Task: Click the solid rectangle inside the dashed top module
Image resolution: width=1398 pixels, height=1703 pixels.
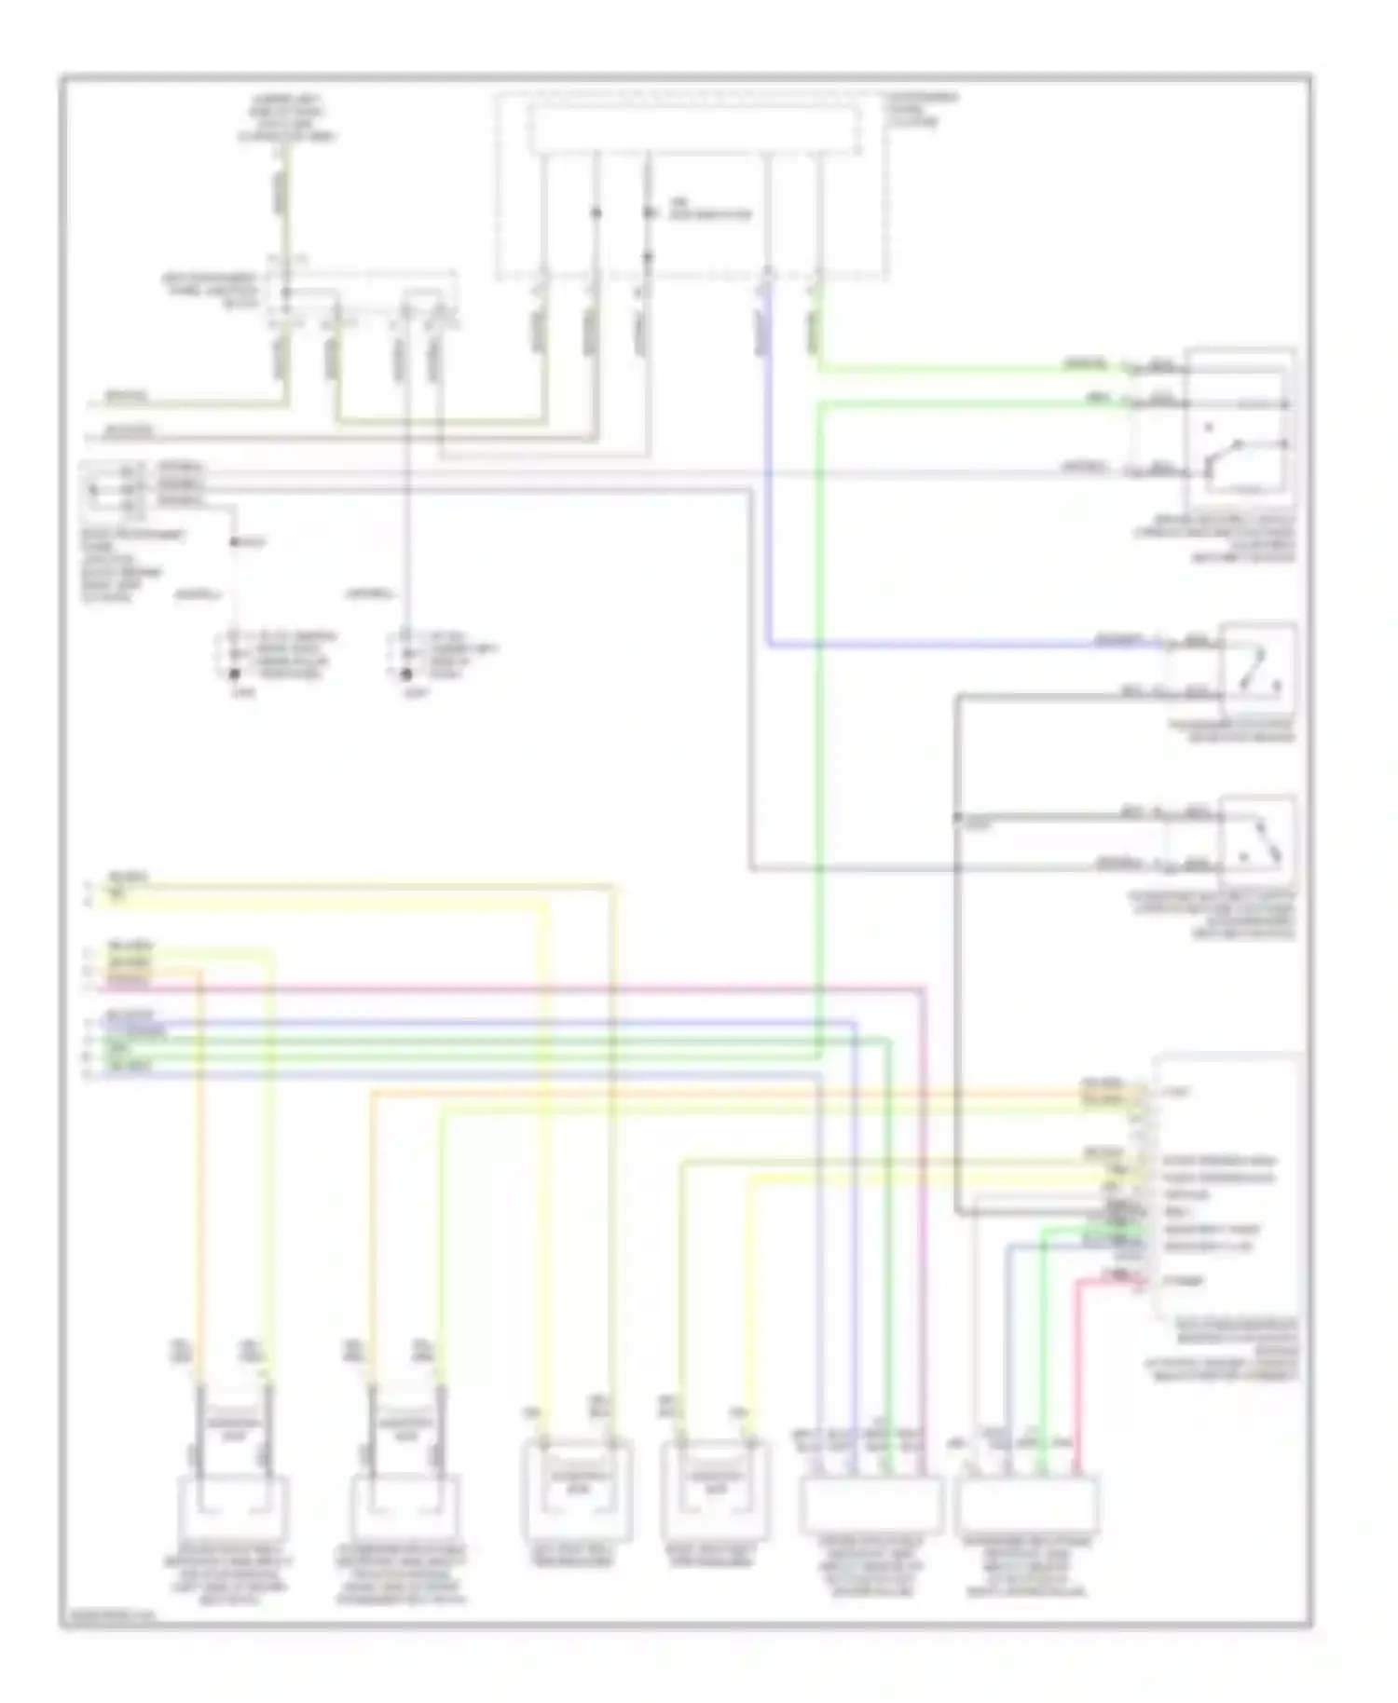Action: pyautogui.click(x=694, y=129)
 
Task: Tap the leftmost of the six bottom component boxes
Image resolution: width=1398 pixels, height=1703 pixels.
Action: pyautogui.click(x=233, y=1506)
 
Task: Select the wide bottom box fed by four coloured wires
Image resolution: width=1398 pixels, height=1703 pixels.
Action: pyautogui.click(x=870, y=1505)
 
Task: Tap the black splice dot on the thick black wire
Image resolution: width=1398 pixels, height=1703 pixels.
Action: pyautogui.click(x=958, y=817)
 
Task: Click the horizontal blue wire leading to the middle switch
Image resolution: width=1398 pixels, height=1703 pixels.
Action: pyautogui.click(x=932, y=645)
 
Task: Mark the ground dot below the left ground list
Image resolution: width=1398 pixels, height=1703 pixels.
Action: pyautogui.click(x=235, y=674)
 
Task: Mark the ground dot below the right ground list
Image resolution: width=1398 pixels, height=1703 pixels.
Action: pyautogui.click(x=404, y=674)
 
